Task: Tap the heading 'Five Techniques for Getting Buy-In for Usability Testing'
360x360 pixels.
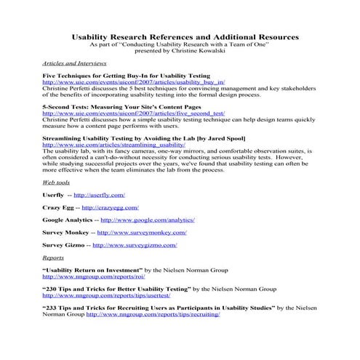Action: tap(126, 76)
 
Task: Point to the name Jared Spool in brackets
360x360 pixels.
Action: tap(223, 137)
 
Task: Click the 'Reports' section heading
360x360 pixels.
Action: tap(53, 257)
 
